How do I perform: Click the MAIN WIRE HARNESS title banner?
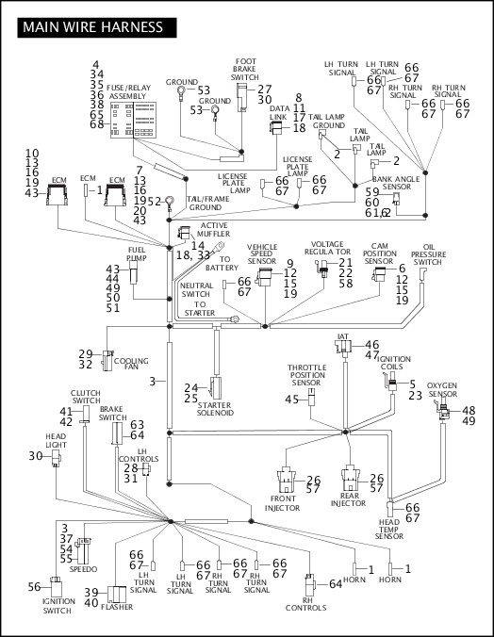click(x=97, y=27)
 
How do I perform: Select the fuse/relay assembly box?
click(x=133, y=120)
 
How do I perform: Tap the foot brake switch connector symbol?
click(x=242, y=97)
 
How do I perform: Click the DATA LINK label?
click(x=279, y=112)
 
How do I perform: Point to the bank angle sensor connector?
click(x=396, y=199)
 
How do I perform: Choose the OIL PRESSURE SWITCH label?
click(x=428, y=254)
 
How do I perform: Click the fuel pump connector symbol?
click(x=133, y=272)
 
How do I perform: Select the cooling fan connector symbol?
click(x=107, y=360)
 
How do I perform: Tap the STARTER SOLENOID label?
click(x=215, y=409)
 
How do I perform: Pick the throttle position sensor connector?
click(x=311, y=397)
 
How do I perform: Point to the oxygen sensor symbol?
click(x=442, y=410)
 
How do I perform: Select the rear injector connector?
click(x=351, y=478)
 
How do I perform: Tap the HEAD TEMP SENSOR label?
click(x=389, y=529)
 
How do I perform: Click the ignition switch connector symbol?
click(x=57, y=586)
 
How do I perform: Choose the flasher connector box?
click(x=117, y=595)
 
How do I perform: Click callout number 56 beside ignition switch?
click(x=34, y=587)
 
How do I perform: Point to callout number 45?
click(x=292, y=400)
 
